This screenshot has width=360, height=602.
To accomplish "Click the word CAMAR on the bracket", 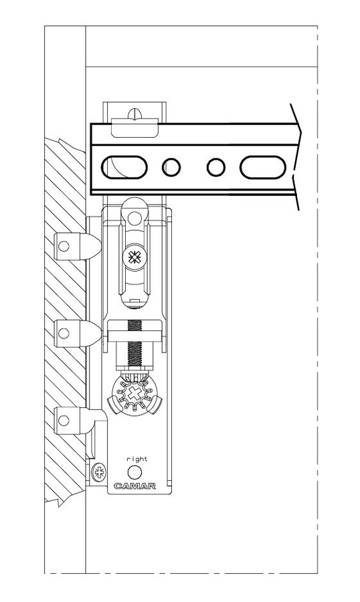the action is click(x=135, y=486).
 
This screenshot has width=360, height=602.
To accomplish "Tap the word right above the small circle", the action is click(x=137, y=459).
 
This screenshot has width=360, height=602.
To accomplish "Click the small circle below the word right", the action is click(x=134, y=472).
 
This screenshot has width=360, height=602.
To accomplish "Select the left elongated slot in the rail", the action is click(x=124, y=167).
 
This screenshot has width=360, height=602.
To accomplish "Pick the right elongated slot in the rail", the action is click(x=263, y=167).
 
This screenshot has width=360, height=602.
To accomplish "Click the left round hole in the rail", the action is click(x=171, y=167).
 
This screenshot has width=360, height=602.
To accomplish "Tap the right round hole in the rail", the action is click(x=216, y=167).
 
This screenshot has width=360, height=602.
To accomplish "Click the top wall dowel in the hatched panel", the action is click(x=78, y=246).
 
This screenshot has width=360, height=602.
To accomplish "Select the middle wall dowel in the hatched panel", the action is click(x=78, y=333).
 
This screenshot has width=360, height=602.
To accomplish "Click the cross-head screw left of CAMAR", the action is click(x=99, y=472).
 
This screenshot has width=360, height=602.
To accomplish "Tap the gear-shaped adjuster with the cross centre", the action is click(x=134, y=394).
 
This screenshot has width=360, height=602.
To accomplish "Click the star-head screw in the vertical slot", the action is click(x=134, y=258).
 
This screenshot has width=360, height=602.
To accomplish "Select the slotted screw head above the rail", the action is click(x=134, y=114).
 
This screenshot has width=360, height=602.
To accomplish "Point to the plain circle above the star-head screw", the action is click(x=134, y=218).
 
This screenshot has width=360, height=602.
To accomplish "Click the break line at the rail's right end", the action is click(x=296, y=157).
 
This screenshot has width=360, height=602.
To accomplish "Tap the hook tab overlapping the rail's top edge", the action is click(x=135, y=128).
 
